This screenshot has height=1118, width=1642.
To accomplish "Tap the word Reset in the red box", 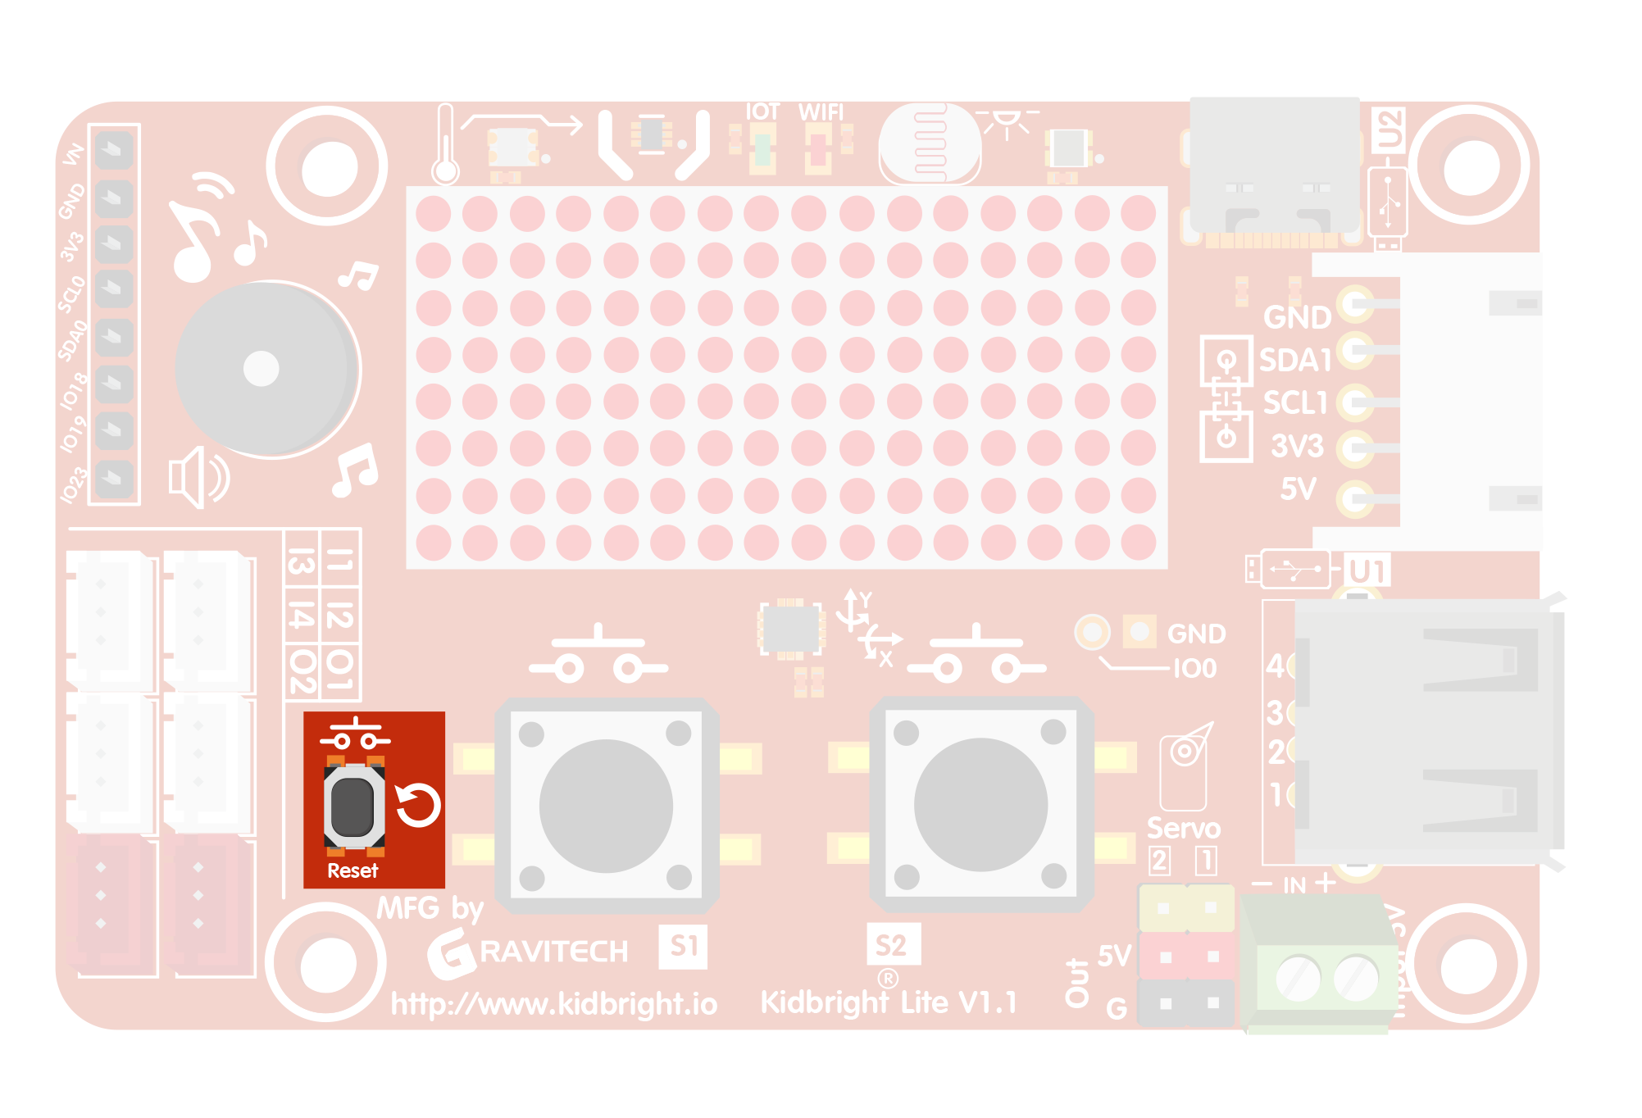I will click(353, 870).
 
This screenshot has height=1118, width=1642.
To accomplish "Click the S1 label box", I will click(683, 946).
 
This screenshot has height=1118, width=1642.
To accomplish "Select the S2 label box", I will click(892, 945).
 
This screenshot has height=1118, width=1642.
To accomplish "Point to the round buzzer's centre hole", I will click(262, 368).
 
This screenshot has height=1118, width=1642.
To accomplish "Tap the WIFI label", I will click(821, 112).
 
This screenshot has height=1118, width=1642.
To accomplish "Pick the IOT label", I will click(762, 112).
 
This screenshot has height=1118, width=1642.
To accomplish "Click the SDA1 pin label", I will click(1295, 360).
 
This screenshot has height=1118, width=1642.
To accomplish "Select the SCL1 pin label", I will click(1295, 402).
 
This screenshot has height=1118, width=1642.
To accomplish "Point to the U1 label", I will click(1367, 571).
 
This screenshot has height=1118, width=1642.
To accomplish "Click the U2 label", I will click(1389, 130).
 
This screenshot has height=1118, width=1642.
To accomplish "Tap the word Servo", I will click(1183, 828).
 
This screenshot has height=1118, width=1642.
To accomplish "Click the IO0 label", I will click(1194, 669).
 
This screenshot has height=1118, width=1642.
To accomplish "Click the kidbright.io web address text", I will click(554, 1003).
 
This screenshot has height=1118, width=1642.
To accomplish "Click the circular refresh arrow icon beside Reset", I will click(418, 805).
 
